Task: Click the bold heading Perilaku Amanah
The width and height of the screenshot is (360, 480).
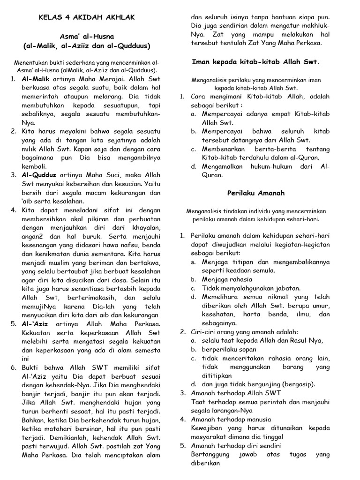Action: click(256, 193)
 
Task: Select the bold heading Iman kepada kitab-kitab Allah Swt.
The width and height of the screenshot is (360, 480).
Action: click(256, 61)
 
